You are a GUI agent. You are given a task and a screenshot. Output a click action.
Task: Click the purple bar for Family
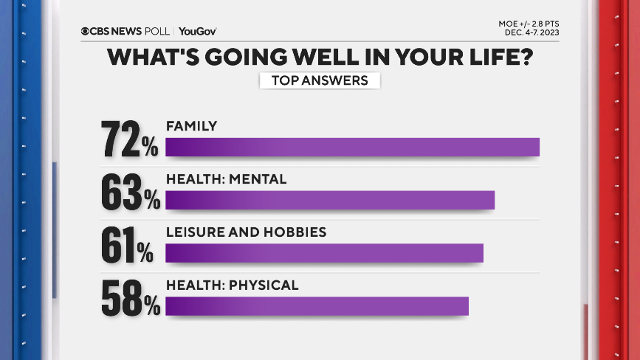(352, 147)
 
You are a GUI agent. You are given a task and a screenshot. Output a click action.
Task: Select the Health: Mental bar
(329, 200)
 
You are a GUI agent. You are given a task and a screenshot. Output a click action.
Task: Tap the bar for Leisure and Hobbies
(324, 253)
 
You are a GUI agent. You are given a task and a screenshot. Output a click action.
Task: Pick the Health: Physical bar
(317, 306)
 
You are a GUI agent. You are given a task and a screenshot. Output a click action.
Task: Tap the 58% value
(130, 297)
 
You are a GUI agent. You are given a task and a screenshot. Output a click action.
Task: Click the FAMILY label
(191, 126)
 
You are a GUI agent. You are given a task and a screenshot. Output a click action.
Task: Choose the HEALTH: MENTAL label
(226, 179)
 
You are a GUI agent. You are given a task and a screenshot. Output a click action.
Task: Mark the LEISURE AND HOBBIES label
(246, 232)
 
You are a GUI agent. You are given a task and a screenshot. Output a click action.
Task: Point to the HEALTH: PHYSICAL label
(232, 285)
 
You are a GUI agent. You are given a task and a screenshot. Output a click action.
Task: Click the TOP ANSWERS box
(320, 80)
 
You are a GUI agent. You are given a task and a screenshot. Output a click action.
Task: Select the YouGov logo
(197, 31)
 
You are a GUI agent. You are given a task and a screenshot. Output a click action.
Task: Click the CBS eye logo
(86, 31)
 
